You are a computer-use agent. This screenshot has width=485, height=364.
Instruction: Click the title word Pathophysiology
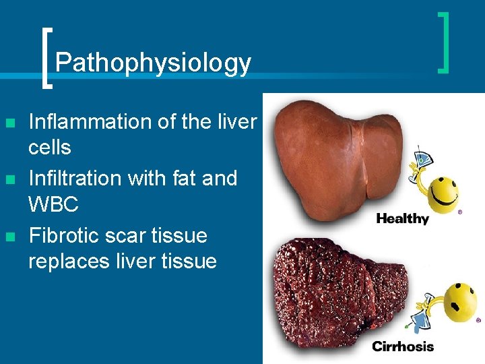pyautogui.click(x=153, y=63)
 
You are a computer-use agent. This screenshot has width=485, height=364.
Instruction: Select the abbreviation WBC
pyautogui.click(x=53, y=204)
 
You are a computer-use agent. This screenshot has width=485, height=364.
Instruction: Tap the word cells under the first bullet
pyautogui.click(x=49, y=147)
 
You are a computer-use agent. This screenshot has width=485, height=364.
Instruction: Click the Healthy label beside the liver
pyautogui.click(x=402, y=218)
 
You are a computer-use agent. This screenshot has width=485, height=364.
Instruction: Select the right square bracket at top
pyautogui.click(x=444, y=42)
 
